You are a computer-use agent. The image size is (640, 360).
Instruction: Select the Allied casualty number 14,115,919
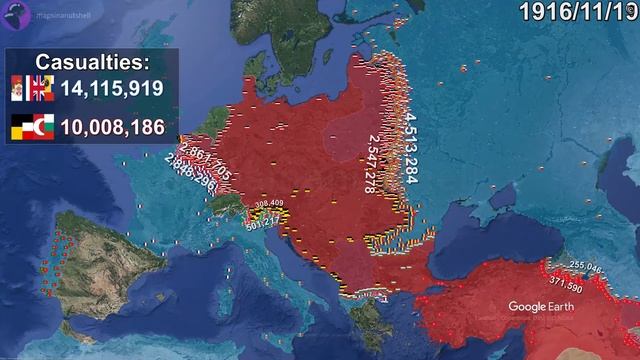[x=111, y=88]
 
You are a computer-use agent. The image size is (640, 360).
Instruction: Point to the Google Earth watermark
[x=540, y=306]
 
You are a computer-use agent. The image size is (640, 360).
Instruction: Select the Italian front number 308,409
[x=269, y=203]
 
